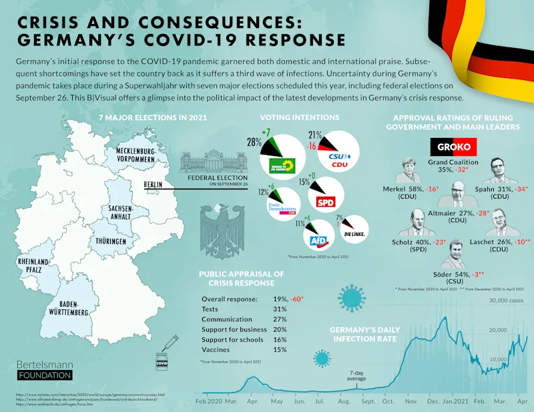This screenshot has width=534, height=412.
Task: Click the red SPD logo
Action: pyautogui.click(x=325, y=203)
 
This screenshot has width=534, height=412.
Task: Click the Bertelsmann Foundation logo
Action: pyautogui.click(x=44, y=369)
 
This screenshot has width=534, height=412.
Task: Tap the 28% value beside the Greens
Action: pyautogui.click(x=254, y=143)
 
